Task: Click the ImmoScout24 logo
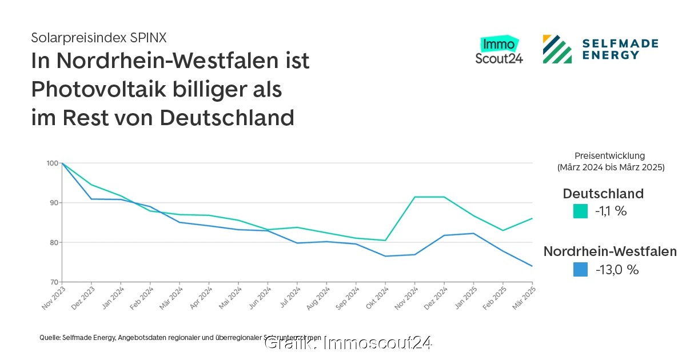[x=498, y=50]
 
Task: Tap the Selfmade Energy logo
[x=600, y=49]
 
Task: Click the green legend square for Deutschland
[x=580, y=211]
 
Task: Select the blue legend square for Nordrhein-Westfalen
[x=580, y=270]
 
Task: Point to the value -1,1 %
[x=611, y=211]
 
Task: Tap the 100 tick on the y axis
[x=52, y=163]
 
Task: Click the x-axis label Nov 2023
[x=52, y=298]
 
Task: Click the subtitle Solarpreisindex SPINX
[x=98, y=38]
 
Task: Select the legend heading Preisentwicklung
[x=609, y=155]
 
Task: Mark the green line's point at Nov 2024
[x=415, y=197]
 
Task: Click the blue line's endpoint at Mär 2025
[x=532, y=266]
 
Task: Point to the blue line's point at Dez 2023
[x=91, y=199]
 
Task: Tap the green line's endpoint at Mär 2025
[x=532, y=218]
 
